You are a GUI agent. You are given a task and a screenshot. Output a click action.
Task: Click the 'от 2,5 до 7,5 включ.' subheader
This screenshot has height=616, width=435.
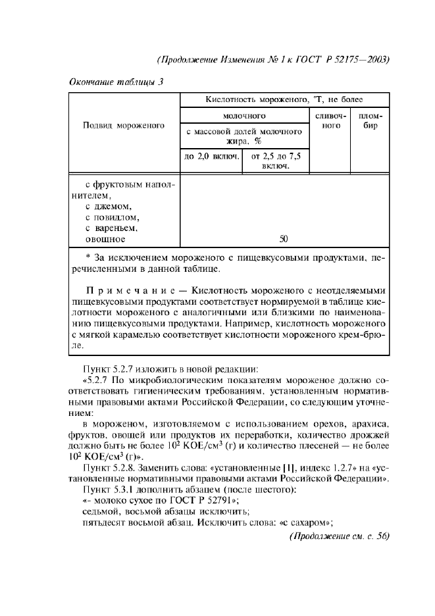click(276, 161)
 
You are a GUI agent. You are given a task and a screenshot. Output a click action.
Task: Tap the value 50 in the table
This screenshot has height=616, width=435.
click(284, 239)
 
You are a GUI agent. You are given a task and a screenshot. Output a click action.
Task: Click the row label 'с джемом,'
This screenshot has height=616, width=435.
click(109, 206)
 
